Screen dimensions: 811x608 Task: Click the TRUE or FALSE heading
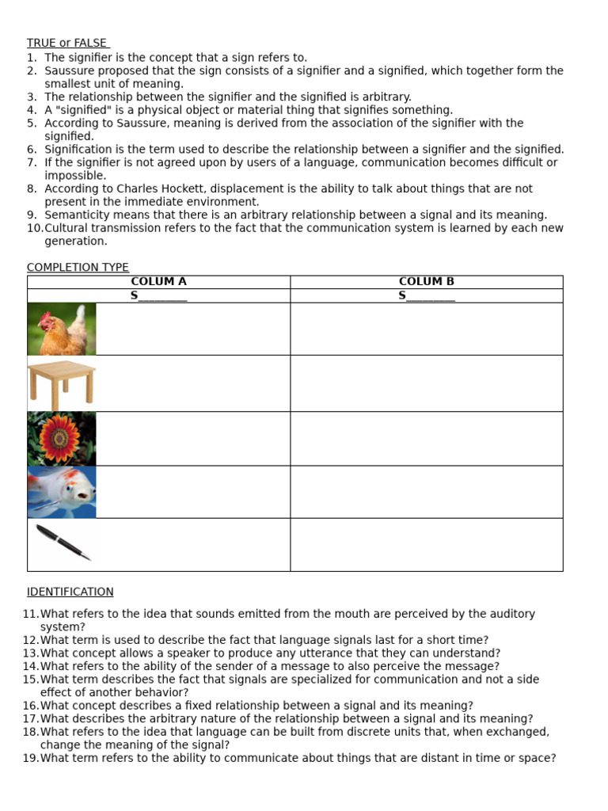tap(67, 44)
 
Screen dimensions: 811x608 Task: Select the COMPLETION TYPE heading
tap(78, 268)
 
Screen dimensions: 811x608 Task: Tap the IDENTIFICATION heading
tap(70, 592)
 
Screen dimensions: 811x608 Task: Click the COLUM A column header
tap(158, 282)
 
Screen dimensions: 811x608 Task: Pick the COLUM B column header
tap(426, 282)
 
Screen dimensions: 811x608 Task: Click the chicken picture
tap(62, 329)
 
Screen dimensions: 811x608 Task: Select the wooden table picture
tap(62, 383)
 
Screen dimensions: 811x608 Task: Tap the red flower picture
tap(62, 438)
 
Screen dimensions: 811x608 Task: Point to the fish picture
tap(62, 492)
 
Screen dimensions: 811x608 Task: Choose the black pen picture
tap(63, 543)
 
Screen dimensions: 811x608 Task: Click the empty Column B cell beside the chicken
tap(426, 329)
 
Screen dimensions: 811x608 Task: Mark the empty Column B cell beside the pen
tap(426, 544)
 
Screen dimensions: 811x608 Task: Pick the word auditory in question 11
tap(513, 614)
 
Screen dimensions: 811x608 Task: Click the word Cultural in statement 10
tap(65, 228)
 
